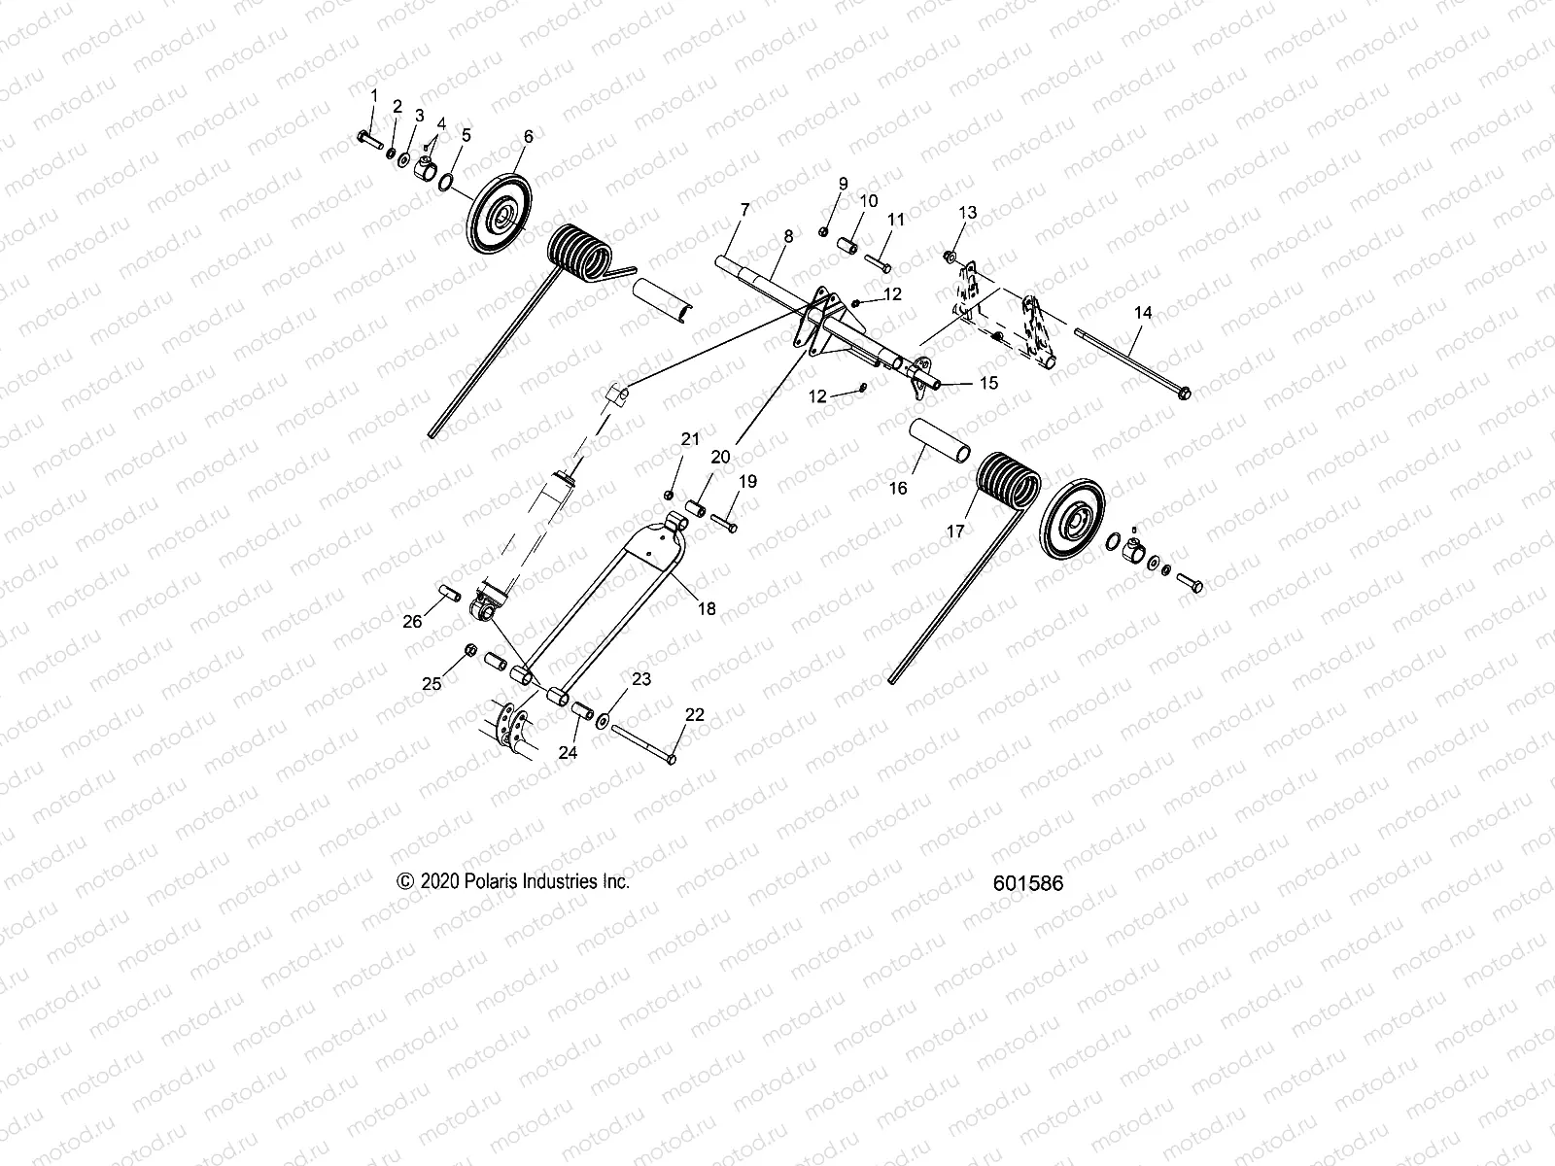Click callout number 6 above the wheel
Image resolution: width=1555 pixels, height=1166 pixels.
click(x=528, y=137)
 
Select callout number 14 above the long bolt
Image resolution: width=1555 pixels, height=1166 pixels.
click(x=1143, y=312)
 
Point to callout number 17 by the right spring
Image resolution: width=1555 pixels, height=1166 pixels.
click(x=956, y=532)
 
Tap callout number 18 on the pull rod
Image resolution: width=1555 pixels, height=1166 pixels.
click(x=707, y=608)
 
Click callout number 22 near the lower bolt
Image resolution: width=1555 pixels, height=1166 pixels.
click(x=695, y=714)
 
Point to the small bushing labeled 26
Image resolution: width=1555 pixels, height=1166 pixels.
click(x=449, y=591)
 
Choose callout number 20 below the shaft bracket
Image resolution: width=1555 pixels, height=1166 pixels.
click(x=720, y=457)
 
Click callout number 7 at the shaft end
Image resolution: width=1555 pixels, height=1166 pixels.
click(x=744, y=209)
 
